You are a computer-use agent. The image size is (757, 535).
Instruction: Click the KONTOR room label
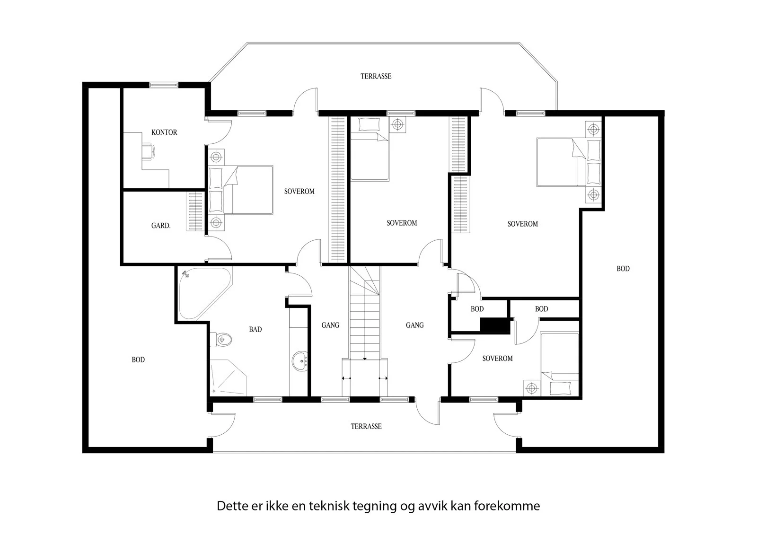click(164, 132)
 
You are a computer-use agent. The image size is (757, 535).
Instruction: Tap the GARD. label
click(161, 226)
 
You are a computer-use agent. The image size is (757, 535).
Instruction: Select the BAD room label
click(255, 329)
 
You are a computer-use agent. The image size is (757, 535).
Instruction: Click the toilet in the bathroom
click(221, 339)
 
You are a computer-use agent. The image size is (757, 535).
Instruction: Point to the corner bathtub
click(203, 293)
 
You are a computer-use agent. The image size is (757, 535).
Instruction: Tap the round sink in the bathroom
click(300, 361)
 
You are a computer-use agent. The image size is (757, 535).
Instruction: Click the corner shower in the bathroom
click(228, 378)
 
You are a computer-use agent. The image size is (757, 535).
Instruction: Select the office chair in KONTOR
click(149, 150)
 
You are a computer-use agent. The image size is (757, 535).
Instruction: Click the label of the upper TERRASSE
click(376, 76)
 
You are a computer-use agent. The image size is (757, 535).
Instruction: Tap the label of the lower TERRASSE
click(366, 427)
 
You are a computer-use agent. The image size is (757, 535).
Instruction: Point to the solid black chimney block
click(495, 326)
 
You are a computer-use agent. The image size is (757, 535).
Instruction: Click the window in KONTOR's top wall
click(164, 85)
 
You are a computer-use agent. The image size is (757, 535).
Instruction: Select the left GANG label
click(331, 325)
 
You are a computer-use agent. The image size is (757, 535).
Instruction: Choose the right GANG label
click(414, 325)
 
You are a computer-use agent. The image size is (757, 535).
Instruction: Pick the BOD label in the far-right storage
click(623, 269)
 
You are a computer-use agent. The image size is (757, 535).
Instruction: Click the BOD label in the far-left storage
click(138, 360)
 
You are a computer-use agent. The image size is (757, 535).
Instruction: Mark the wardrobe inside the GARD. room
click(195, 211)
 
